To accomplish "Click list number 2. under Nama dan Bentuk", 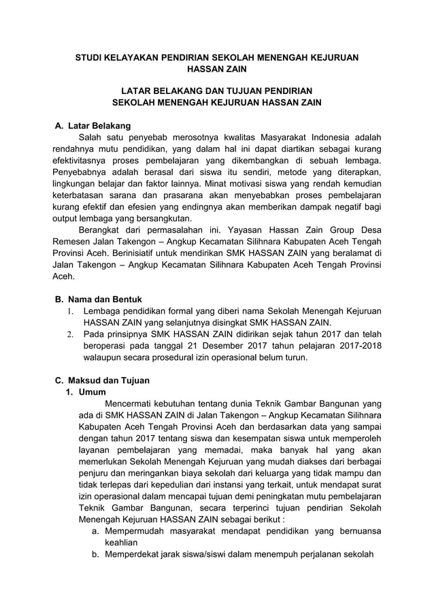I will pyautogui.click(x=69, y=335).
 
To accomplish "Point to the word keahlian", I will pyautogui.click(x=120, y=543).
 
